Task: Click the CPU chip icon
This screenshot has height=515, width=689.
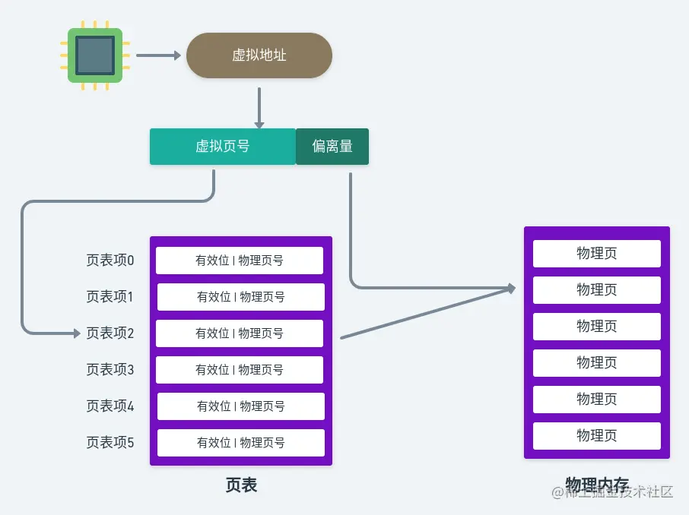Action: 95,55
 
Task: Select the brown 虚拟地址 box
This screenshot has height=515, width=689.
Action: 259,55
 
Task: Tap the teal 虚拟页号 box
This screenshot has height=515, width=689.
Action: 222,147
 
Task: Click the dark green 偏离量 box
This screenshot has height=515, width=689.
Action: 332,147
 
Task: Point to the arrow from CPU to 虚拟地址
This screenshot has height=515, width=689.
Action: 157,55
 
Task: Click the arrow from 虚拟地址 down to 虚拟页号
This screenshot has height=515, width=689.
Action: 259,108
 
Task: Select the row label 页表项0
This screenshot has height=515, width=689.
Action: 110,261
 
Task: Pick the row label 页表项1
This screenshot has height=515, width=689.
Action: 110,297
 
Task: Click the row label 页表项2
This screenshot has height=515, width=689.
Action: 110,333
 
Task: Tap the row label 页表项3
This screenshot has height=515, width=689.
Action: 110,370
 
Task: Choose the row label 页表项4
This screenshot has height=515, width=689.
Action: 110,406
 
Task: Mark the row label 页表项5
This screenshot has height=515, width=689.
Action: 110,443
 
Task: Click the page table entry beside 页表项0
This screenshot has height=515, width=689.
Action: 240,261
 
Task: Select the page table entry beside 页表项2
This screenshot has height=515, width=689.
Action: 240,333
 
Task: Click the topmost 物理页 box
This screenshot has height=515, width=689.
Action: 596,254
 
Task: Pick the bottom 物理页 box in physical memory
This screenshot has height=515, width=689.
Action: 596,436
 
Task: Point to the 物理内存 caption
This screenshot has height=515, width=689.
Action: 596,484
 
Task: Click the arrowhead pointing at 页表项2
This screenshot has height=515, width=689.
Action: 75,333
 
